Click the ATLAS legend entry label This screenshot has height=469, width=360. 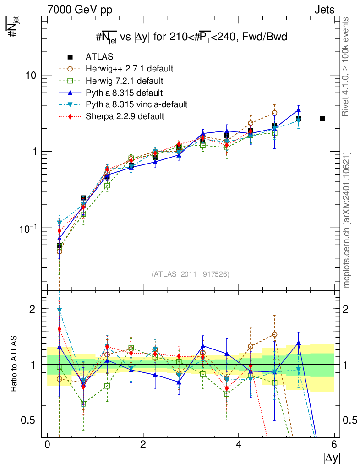pos(99,57)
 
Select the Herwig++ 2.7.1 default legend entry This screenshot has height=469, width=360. pos(129,69)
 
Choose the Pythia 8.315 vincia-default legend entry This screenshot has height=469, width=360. pos(136,104)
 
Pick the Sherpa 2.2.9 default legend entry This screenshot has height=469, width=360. pos(125,116)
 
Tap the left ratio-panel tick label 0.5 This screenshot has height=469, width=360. pos(29,420)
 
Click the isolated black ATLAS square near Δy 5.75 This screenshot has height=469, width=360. pos(322,119)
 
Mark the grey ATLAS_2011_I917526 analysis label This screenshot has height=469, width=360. pos(191,274)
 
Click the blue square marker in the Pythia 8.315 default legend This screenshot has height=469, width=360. pos(70,93)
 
